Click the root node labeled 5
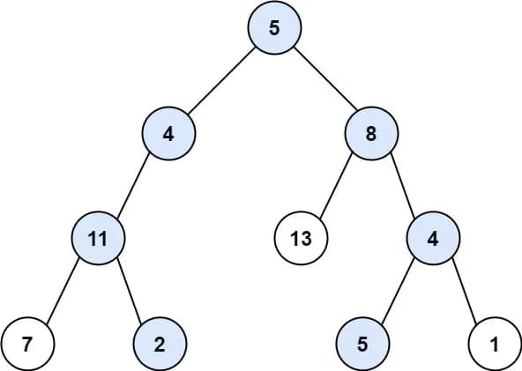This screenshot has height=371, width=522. (x=274, y=27)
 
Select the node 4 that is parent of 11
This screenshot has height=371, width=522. (x=168, y=136)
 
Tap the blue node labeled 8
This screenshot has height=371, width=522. (x=371, y=136)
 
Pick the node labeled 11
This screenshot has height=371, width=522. (x=98, y=239)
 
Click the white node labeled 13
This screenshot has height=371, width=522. (x=300, y=239)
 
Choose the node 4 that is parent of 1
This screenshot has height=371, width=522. (x=432, y=239)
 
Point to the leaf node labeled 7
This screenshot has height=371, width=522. (x=27, y=343)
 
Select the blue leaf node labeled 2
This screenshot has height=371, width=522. (x=160, y=343)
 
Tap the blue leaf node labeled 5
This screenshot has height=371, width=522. (x=362, y=343)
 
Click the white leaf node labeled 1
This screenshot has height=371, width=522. (x=495, y=343)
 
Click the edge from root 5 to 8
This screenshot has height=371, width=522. (x=323, y=81)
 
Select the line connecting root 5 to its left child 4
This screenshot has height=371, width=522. (x=221, y=81)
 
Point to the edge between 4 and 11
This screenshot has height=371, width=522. (x=133, y=187)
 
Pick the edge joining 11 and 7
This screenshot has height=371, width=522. (x=63, y=291)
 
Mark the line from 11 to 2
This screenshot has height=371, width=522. (x=129, y=291)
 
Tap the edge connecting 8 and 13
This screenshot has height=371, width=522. (x=336, y=187)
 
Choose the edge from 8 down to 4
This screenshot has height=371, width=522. (x=401, y=187)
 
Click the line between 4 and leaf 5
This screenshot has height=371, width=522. (x=397, y=291)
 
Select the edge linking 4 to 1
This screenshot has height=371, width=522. (x=463, y=291)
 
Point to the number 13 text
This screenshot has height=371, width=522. (x=300, y=239)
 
